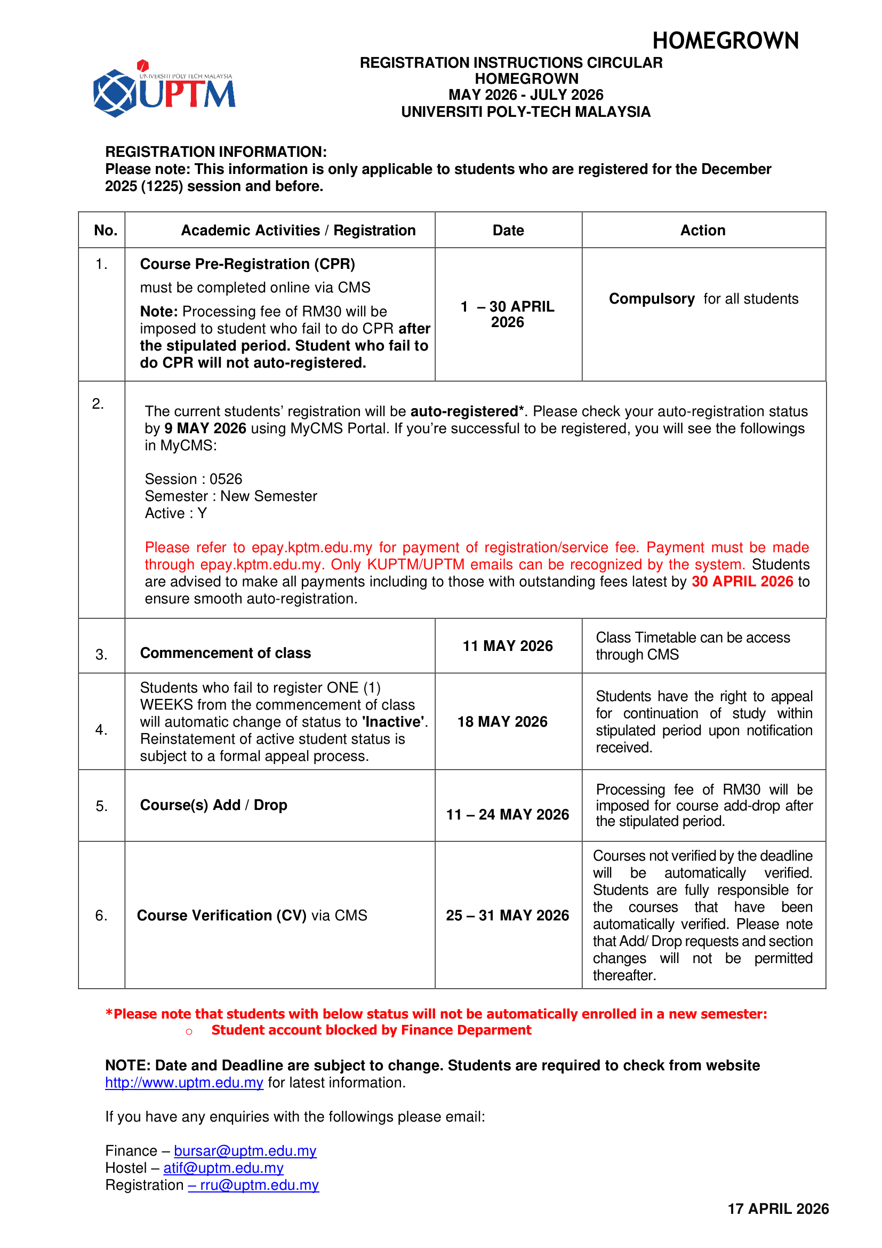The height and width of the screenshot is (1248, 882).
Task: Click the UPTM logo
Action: click(x=164, y=90)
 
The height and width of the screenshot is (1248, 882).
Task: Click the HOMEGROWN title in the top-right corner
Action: click(x=725, y=41)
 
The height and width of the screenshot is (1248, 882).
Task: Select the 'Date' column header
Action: click(x=508, y=230)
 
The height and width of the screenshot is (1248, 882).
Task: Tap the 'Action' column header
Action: click(x=703, y=230)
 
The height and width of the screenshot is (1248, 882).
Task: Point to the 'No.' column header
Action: click(x=106, y=230)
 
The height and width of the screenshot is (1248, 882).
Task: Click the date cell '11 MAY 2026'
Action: click(x=507, y=646)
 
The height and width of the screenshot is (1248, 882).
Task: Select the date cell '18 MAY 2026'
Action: click(x=502, y=721)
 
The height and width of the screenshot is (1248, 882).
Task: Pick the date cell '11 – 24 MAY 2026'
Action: click(x=507, y=814)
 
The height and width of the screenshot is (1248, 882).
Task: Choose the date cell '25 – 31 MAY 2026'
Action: click(x=507, y=916)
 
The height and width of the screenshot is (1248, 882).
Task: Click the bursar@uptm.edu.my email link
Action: click(x=245, y=1151)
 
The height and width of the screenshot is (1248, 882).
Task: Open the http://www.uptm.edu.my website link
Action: click(x=184, y=1082)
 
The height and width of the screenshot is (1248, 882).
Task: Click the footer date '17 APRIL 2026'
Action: click(x=777, y=1209)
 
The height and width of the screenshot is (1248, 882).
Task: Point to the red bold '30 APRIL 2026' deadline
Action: click(x=742, y=582)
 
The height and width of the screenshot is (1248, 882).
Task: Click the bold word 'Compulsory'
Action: click(x=652, y=299)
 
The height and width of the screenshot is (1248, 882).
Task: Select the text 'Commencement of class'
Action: click(x=226, y=653)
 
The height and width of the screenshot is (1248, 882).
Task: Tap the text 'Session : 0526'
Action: click(x=194, y=479)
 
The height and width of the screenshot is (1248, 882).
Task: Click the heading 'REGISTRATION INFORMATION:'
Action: click(x=215, y=152)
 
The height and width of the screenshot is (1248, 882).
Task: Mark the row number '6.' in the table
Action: click(x=101, y=916)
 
